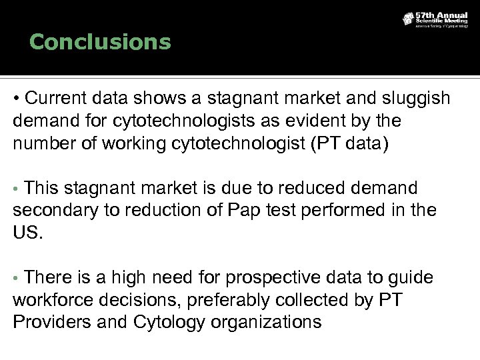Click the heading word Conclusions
point(101,43)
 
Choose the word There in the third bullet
point(51,277)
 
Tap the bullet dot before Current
point(15,99)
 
